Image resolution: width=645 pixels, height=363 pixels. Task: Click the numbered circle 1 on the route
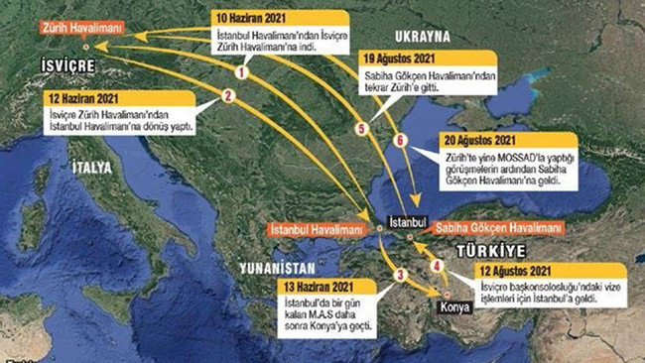point(239,71)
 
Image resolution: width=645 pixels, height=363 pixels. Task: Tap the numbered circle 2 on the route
point(228,96)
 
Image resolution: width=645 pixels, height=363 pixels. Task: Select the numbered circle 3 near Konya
point(401,275)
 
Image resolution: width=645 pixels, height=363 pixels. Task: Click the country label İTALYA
point(90,169)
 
